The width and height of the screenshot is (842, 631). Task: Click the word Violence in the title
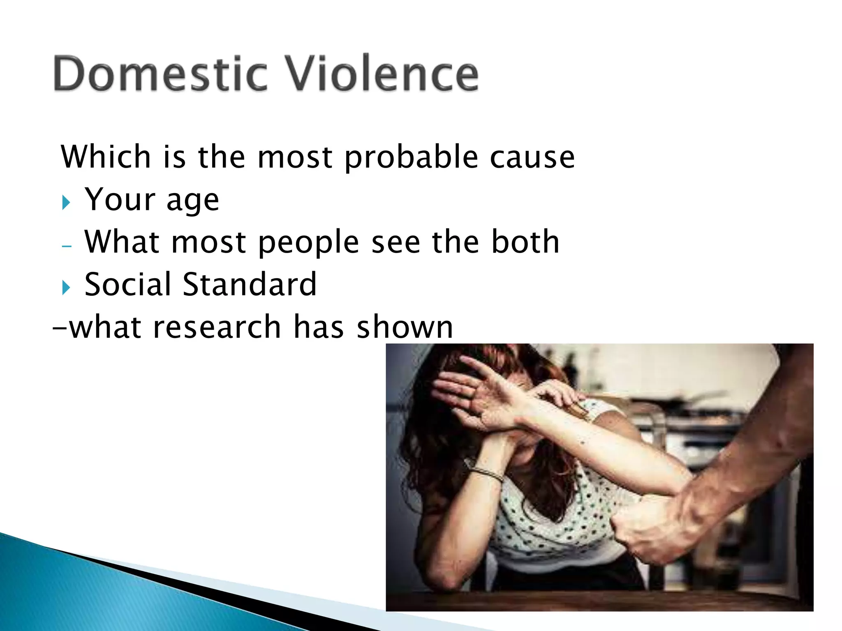tap(382, 74)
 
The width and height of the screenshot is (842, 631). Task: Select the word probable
tap(411, 158)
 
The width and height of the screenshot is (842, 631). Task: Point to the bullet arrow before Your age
tap(66, 203)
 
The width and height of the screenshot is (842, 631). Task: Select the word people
tap(308, 243)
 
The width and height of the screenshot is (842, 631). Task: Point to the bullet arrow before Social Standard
tap(66, 288)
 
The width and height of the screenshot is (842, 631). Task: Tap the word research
tap(217, 327)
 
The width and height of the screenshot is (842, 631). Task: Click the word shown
tap(405, 327)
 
